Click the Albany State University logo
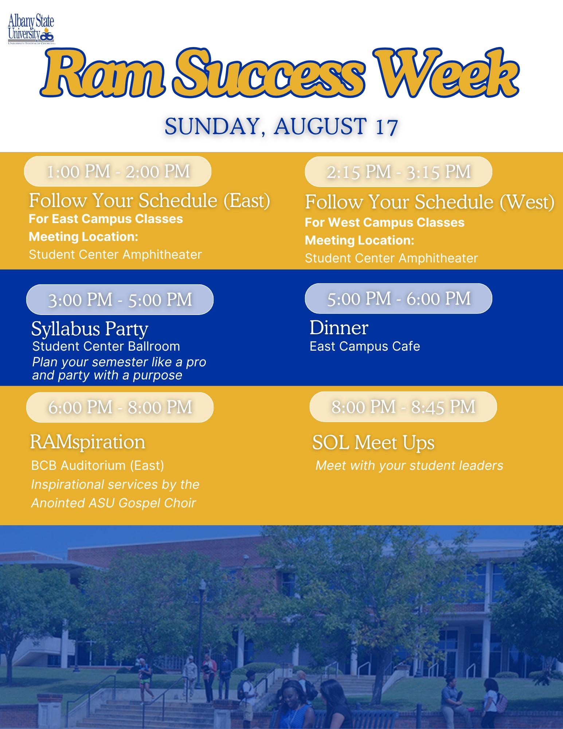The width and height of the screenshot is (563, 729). pos(31,29)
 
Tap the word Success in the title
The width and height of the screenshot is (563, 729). pos(269,73)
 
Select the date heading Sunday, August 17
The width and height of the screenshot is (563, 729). pos(281,126)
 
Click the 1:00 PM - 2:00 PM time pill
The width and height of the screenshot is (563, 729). pos(118,171)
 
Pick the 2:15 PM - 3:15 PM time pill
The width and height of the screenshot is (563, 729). pos(398,172)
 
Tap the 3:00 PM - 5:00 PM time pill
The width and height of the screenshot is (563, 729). pos(120,300)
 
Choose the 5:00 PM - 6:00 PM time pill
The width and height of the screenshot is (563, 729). pos(398,299)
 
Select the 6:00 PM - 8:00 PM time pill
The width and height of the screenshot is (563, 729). pos(120,407)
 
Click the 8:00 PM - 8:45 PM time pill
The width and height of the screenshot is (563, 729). pos(403,407)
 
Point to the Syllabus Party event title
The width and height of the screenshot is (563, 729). pos(90,329)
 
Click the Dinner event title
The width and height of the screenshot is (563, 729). pos(339,327)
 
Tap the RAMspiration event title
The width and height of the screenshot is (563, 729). pos(87,442)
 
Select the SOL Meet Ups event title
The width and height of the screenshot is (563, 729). pos(374,443)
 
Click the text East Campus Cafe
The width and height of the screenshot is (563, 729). pos(365,346)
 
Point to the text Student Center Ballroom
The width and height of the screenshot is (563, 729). pos(106,346)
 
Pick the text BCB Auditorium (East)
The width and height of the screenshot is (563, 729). pos(98,465)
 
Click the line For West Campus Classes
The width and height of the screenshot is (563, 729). pos(384,222)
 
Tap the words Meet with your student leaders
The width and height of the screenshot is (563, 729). pos(409,465)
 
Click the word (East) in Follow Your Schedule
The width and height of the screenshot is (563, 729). pos(247,201)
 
